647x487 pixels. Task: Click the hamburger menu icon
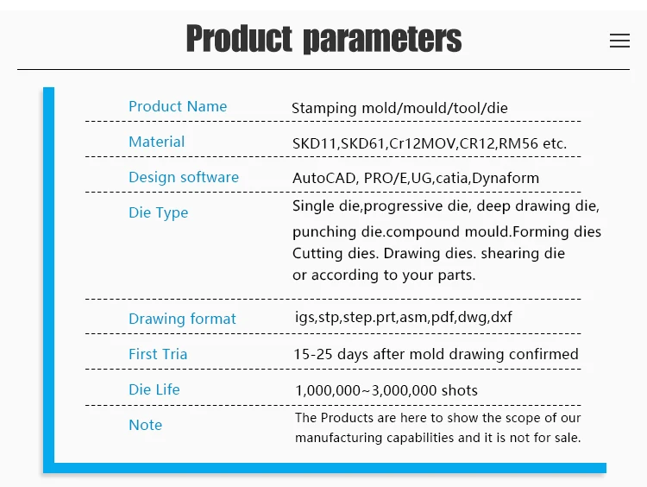pos(619,41)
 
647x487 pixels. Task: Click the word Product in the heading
pos(239,38)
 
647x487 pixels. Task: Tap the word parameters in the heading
pos(382,40)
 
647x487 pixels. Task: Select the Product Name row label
pos(178,106)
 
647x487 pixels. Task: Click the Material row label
pos(157,142)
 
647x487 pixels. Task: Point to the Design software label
pos(184,177)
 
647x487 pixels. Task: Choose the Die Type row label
pos(159,212)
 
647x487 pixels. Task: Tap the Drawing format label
pos(182,319)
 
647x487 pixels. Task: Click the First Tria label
pos(158,354)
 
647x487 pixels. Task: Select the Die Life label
pos(154,389)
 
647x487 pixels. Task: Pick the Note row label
pos(145,425)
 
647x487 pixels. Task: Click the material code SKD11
pos(315,143)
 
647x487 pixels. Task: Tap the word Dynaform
pos(506,178)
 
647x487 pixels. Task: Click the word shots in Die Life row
pos(459,390)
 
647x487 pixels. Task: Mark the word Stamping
pos(323,109)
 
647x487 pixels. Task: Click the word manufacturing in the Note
pos(338,438)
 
